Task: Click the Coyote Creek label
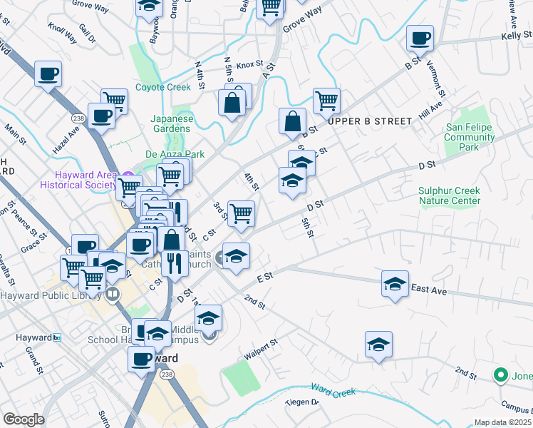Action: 163,87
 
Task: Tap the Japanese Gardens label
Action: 171,123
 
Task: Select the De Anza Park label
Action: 175,154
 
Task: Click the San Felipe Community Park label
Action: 470,138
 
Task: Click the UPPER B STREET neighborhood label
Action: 369,121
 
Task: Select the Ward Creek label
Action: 333,389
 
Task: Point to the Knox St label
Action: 250,64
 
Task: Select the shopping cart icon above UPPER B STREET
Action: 326,100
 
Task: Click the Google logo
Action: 24,419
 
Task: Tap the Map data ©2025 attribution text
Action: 502,422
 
